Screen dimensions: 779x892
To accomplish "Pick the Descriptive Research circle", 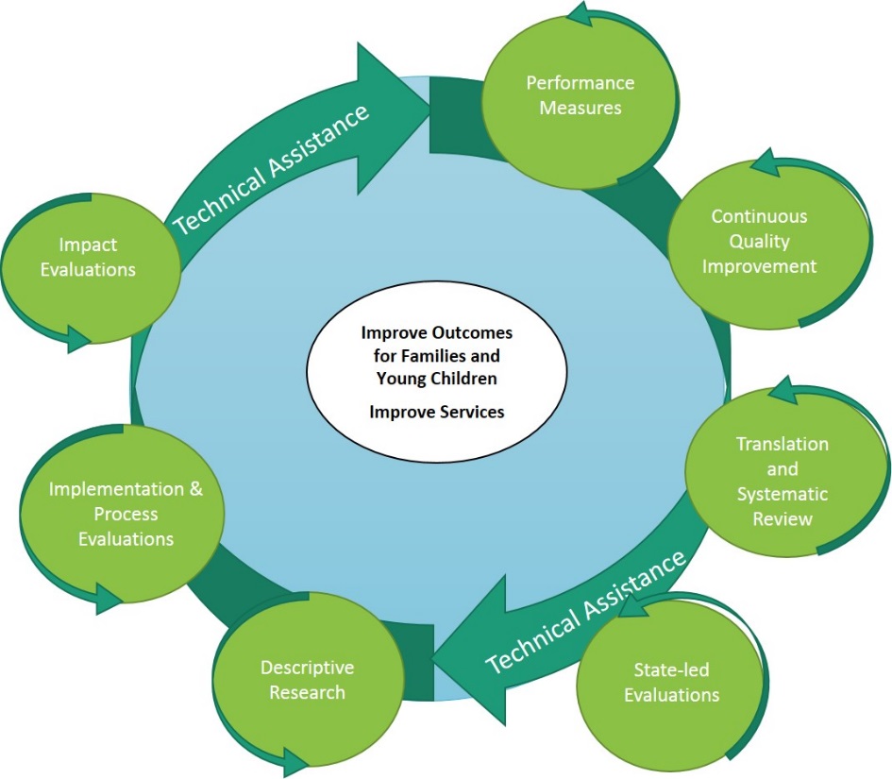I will tap(307, 681).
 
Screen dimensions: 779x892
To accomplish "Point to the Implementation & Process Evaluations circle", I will tap(125, 514).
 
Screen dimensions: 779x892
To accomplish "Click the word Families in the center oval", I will tap(468, 356).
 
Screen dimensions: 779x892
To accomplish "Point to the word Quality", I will tap(759, 241).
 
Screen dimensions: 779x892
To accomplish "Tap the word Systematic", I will tap(783, 494).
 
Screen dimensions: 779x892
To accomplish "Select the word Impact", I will tap(87, 245).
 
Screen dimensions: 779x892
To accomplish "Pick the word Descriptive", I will tap(307, 668).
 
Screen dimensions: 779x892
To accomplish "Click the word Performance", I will tap(580, 82).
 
